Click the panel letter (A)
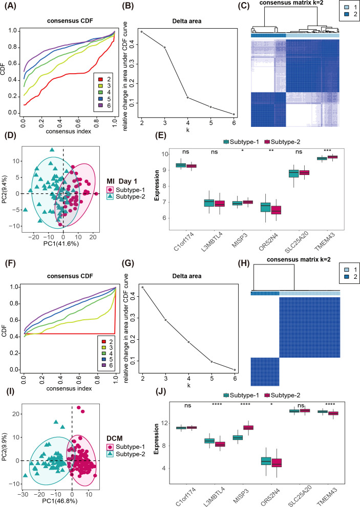pos(10,6)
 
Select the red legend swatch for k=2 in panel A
pos(100,79)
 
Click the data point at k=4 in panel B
pos(188,97)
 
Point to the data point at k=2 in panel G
pos(142,287)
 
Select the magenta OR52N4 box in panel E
pos(276,210)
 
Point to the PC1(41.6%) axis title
pos(61,244)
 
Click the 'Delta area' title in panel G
pos(187,276)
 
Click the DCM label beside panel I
pos(115,438)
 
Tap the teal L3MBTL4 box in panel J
pos(209,440)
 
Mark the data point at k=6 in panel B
pos(234,114)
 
